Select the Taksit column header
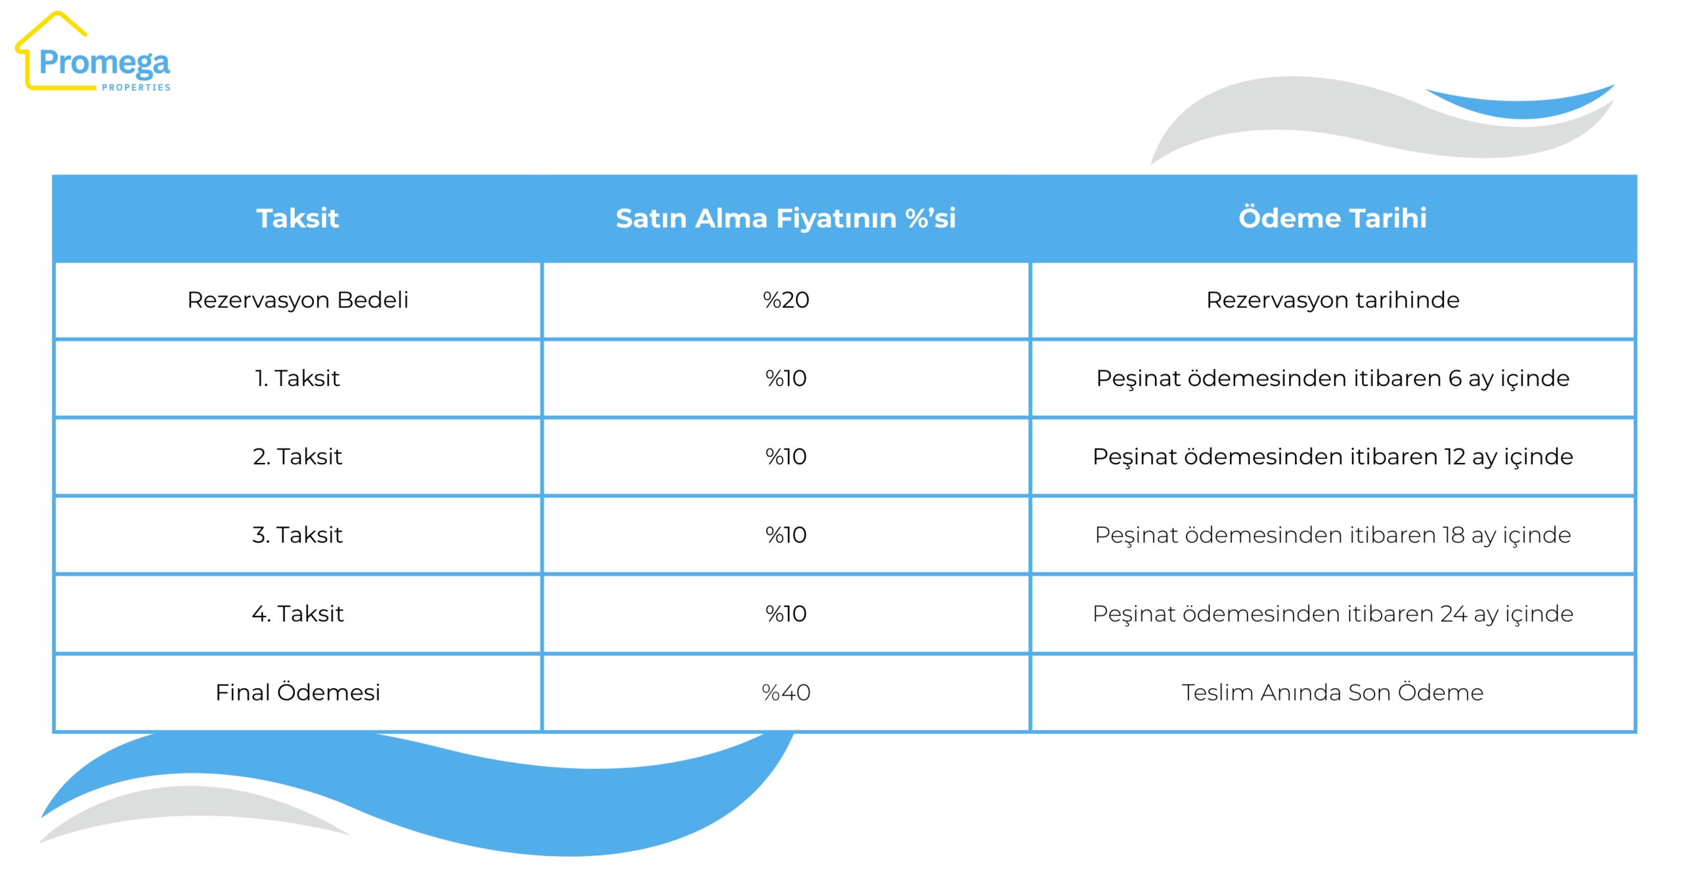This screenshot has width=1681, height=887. (297, 218)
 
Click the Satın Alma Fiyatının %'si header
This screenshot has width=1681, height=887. (785, 218)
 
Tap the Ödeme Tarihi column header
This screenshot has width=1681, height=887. (1332, 218)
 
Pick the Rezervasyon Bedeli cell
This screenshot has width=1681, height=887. (297, 299)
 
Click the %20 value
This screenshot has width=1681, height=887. (785, 299)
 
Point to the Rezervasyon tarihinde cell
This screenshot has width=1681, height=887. (1332, 299)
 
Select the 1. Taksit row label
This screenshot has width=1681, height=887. (297, 378)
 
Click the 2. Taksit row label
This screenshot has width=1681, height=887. (297, 456)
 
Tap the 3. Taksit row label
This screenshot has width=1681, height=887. (297, 534)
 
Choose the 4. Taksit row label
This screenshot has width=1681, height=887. (297, 613)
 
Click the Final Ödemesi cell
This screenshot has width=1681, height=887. (297, 692)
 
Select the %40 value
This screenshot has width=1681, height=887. (785, 692)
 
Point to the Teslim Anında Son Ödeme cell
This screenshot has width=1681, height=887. (1332, 692)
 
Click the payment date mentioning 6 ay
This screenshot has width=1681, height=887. (1332, 378)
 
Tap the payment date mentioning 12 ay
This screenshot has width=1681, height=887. (1332, 456)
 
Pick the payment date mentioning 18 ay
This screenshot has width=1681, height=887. (1332, 534)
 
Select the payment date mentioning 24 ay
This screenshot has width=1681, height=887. (1332, 613)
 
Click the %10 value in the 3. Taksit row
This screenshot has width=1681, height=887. (785, 534)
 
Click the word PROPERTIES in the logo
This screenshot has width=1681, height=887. (136, 87)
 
